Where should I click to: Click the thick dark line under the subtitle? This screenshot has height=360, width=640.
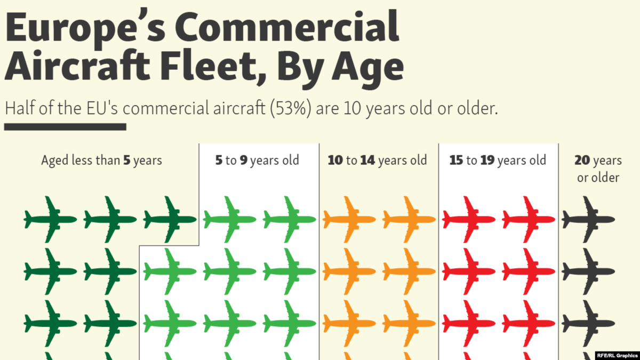point(65,127)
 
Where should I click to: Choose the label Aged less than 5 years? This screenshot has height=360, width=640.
point(101,161)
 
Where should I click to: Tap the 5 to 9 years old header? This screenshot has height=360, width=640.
point(257,161)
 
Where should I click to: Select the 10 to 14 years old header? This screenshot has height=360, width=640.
point(377,161)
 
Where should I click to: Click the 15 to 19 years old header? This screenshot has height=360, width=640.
point(498,161)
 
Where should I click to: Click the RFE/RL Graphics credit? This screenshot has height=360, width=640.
point(617,355)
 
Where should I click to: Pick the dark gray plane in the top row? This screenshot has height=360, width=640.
point(588,219)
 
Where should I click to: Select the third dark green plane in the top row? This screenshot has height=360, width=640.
point(170,219)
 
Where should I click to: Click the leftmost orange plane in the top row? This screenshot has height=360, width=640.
point(349,219)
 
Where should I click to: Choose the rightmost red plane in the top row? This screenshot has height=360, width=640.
point(528,219)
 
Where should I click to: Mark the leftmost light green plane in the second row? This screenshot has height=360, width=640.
point(170,271)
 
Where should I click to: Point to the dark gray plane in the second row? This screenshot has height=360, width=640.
point(588,271)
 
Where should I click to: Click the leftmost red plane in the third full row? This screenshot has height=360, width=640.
point(469,323)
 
